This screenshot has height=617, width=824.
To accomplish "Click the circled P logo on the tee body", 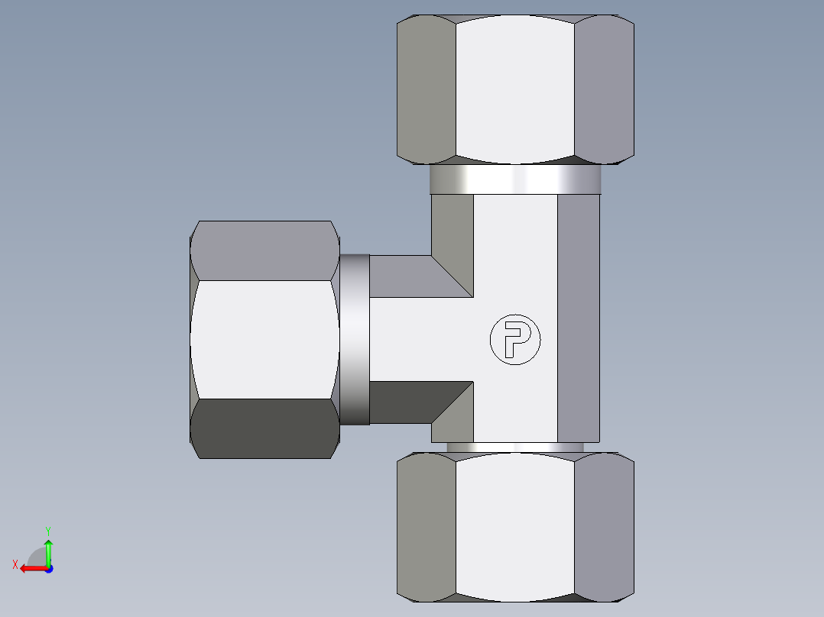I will point(514,338).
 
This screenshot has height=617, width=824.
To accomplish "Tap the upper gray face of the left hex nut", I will point(264,250).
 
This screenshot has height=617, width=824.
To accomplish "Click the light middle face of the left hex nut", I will point(264,339).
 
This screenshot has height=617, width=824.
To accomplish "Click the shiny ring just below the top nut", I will point(514,179).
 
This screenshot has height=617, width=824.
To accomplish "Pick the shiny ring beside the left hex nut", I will point(355,339).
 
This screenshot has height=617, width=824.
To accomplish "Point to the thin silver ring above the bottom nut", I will point(514,447).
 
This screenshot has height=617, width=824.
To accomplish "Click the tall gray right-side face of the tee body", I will point(578,317).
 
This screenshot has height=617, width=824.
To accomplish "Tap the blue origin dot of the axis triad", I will point(48,569).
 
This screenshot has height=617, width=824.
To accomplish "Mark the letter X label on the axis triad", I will point(15,564).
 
